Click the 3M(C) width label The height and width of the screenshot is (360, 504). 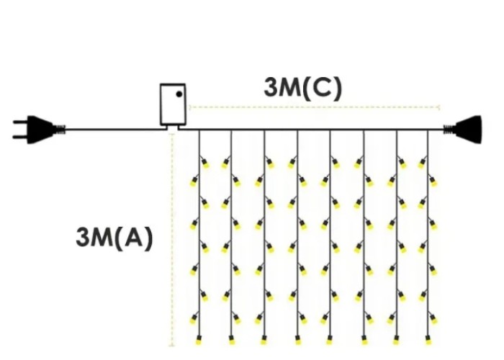point(303,88)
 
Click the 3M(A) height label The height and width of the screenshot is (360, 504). point(114,238)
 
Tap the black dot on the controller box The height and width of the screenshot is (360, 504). point(179,94)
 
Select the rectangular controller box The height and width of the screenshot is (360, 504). point(173,104)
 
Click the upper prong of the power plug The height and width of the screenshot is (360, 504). point(21,122)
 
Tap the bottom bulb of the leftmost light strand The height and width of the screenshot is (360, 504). point(199,340)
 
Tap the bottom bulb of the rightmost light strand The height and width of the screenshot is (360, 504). point(428,340)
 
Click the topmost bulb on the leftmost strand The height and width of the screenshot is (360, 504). point(204,163)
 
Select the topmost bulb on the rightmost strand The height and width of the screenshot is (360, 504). point(423,163)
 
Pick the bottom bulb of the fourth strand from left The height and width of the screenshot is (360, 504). point(297,340)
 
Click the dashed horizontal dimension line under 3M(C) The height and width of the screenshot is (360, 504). point(315,107)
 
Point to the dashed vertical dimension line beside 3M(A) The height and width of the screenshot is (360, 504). point(172,240)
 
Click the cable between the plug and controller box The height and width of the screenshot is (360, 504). point(113,130)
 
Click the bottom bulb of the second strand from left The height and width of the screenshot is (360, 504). point(231,340)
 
